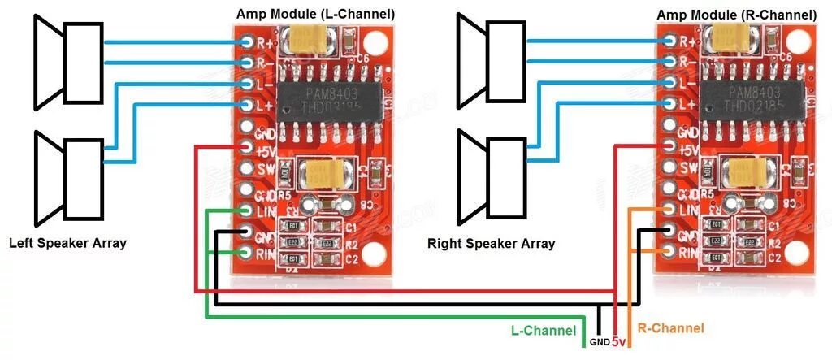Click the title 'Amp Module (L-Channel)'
(315, 14)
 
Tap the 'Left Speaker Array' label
(67, 242)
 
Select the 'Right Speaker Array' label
(491, 243)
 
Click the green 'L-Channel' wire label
(544, 330)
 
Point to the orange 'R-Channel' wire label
(671, 328)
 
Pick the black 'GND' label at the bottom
(599, 342)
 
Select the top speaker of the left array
(69, 60)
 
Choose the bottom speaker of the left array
(69, 179)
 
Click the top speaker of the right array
(492, 60)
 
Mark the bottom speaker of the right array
(492, 179)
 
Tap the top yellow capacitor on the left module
(313, 37)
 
